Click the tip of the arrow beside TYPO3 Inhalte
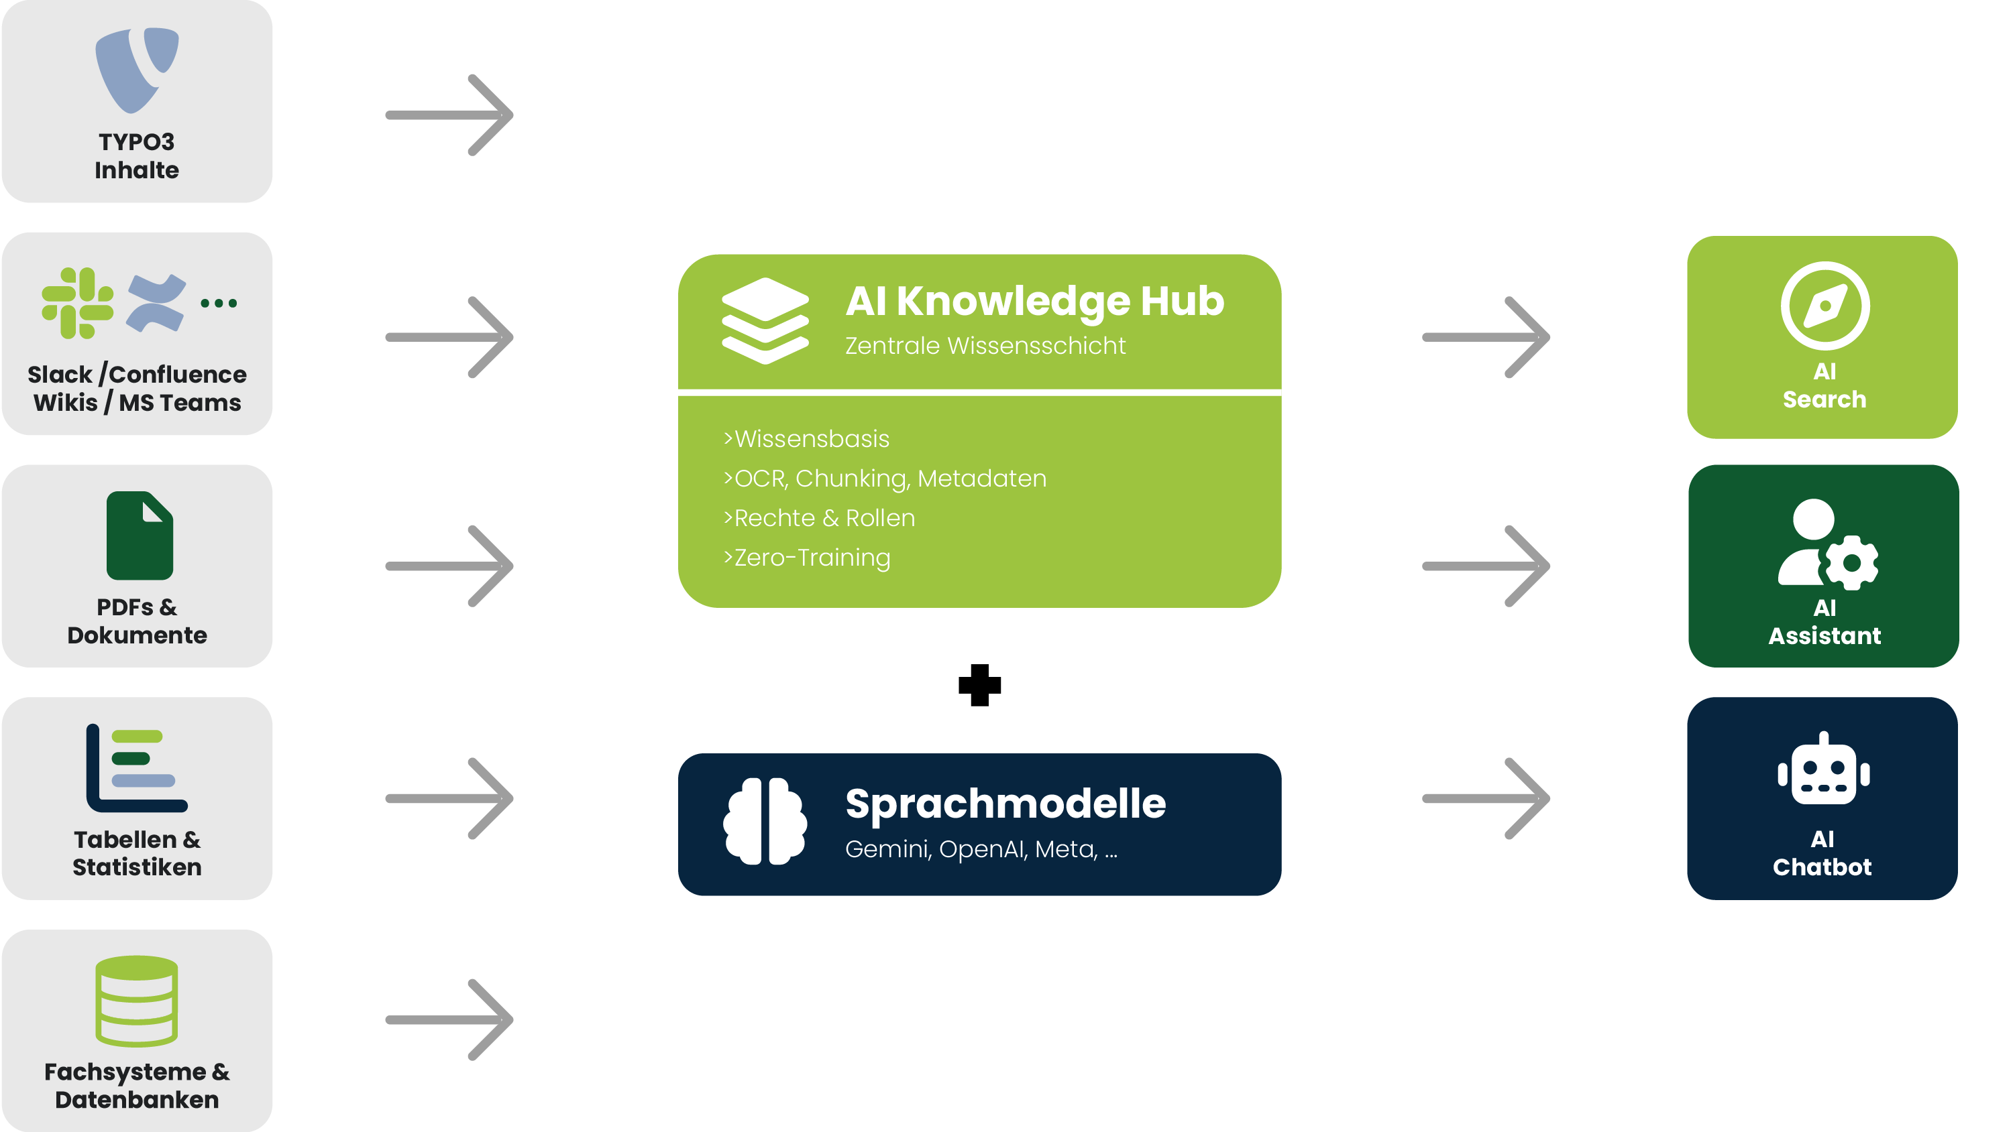click(512, 115)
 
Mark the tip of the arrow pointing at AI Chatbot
click(1549, 798)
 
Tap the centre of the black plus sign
click(979, 685)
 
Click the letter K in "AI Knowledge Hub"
click(913, 301)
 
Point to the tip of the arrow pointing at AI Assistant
click(1549, 566)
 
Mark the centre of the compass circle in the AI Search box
click(1825, 306)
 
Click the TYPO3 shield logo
click(137, 70)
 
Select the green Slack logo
click(77, 304)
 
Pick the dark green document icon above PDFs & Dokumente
click(140, 536)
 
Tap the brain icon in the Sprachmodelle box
click(765, 821)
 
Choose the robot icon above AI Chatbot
click(1823, 769)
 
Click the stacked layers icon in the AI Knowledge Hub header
click(765, 320)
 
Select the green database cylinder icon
click(137, 1001)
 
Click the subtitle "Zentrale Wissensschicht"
click(985, 346)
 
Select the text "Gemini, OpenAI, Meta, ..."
click(981, 849)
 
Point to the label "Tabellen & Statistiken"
click(137, 853)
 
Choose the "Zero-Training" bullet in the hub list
click(807, 558)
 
